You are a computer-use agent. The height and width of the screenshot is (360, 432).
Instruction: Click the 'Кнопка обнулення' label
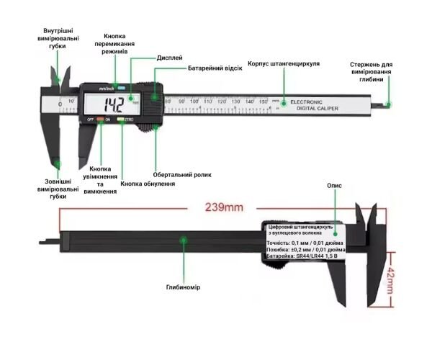click(148, 184)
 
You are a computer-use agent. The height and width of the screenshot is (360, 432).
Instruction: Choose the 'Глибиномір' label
click(184, 287)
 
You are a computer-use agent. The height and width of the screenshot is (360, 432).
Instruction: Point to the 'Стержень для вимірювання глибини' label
click(375, 72)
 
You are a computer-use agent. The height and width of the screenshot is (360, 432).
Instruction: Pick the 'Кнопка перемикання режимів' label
click(115, 44)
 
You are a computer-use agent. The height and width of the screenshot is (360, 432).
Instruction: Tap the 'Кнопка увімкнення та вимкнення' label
click(99, 179)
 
